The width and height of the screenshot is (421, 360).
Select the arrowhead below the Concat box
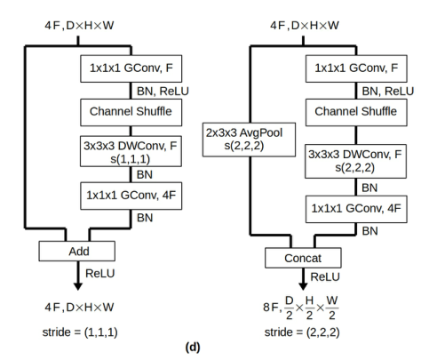pos(301,290)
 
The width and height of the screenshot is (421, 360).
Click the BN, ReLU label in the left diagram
pos(158,91)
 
